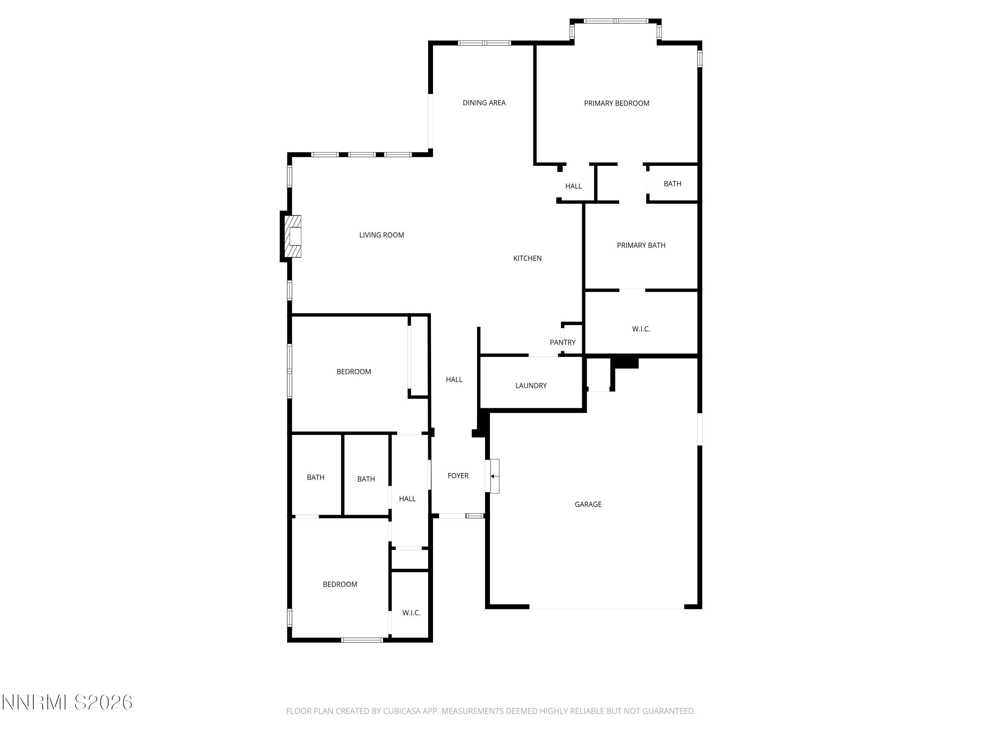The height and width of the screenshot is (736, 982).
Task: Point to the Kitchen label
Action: pos(527,258)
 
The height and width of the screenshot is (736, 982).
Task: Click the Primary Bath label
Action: pos(641,245)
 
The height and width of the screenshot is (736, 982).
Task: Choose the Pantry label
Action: pos(562,342)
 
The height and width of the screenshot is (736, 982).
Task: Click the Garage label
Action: pos(588,504)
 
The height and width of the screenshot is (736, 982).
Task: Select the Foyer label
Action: pos(458,476)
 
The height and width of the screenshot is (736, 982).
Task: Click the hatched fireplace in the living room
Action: pos(293,236)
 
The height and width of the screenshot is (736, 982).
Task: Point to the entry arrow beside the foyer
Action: pos(493,476)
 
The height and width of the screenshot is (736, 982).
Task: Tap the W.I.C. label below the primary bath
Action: pos(641,329)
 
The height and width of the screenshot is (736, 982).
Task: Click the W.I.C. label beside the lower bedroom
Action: pos(411,613)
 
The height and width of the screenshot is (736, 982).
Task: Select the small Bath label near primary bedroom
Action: pos(672,184)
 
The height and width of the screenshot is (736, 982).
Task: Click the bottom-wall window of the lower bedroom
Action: pos(362,640)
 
